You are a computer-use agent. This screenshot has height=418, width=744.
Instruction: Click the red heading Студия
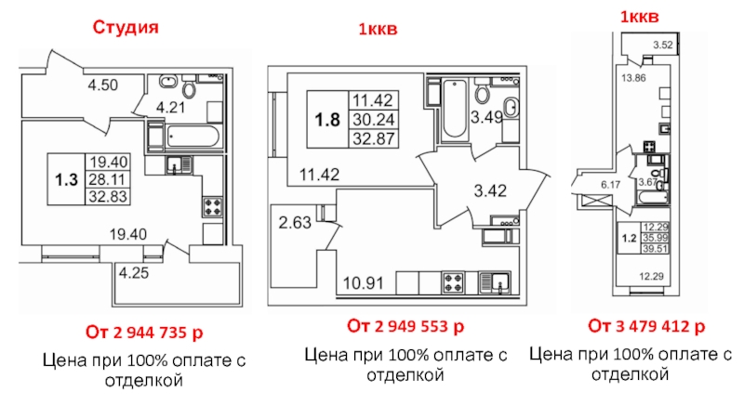126,28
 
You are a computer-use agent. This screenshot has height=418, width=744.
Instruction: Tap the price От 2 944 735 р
144,333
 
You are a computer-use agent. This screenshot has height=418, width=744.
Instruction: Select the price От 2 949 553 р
405,326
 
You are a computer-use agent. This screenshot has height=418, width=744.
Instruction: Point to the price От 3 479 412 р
646,326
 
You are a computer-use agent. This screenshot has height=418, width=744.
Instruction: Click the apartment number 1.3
66,179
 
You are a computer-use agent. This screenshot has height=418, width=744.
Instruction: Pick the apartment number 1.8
327,120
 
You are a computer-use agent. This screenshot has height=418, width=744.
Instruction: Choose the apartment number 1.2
630,238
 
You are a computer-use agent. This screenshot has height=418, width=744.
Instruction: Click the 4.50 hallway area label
103,85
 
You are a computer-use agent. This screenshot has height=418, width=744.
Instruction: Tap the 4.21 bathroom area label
171,108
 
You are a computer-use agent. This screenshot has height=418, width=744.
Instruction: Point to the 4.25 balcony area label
134,273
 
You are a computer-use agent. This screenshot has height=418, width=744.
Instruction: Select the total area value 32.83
108,196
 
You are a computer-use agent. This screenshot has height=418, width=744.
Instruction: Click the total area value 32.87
374,138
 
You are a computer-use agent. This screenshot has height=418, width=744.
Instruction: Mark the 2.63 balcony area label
295,222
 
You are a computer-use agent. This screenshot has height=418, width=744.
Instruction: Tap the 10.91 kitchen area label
364,283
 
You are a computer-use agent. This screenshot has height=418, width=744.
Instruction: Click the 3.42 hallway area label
491,190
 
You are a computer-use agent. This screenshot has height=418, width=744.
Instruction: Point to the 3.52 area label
663,45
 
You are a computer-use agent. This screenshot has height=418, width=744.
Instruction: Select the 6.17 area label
611,185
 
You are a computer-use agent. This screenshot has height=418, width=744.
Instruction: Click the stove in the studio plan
213,207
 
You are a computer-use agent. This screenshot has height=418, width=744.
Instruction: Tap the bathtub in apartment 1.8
455,109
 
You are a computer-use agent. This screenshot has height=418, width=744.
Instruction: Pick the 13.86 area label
634,78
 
